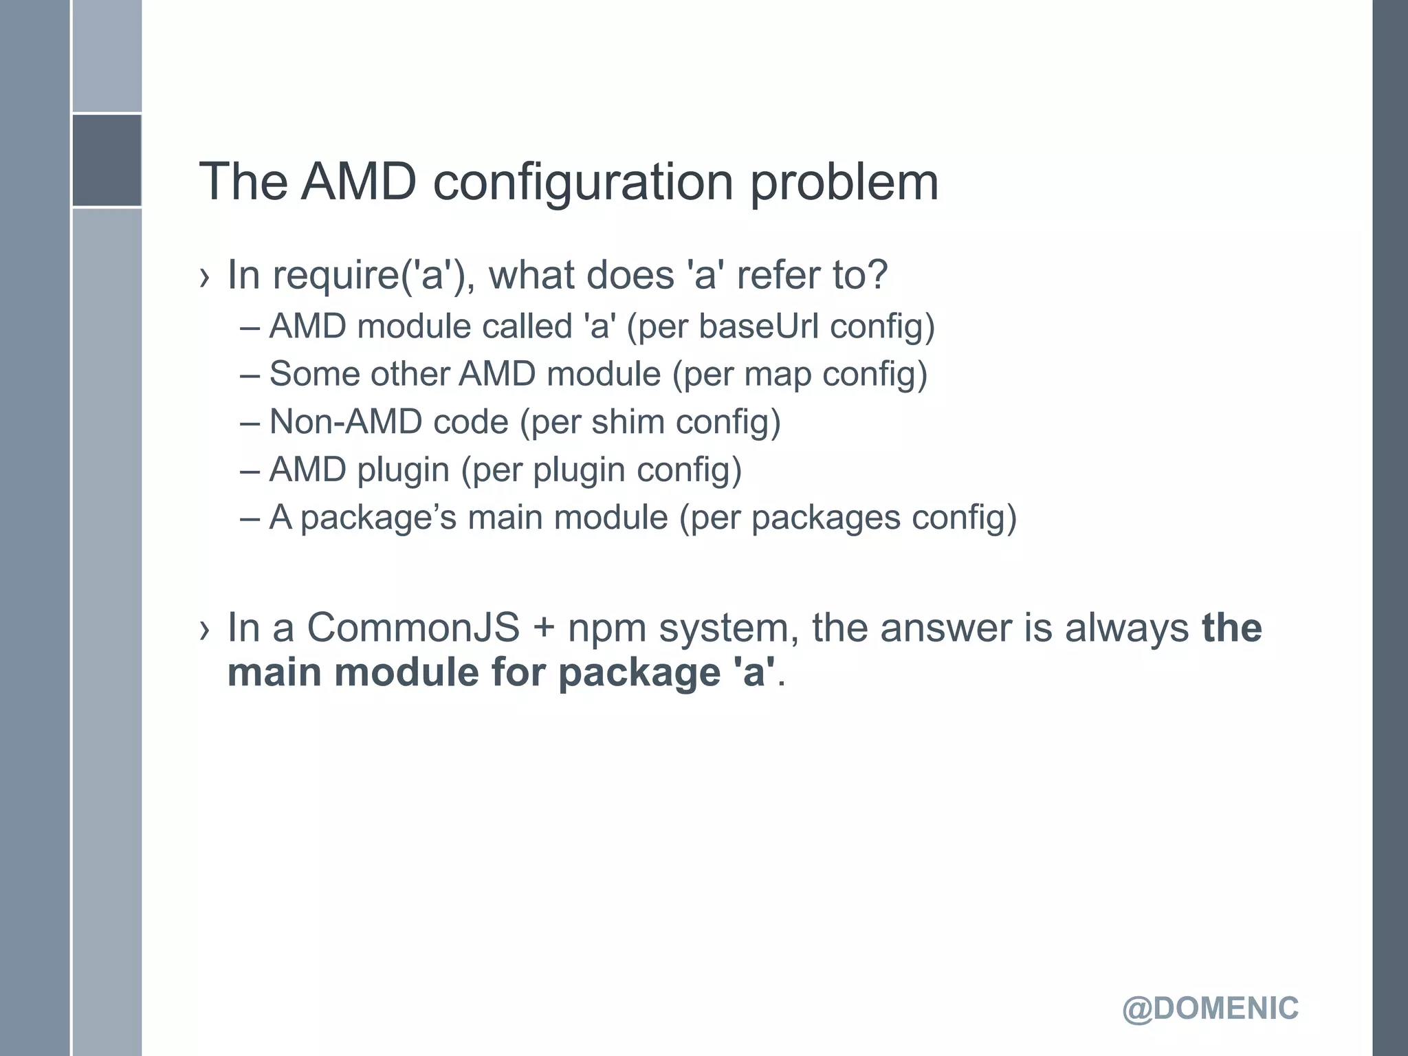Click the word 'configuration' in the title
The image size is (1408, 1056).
click(583, 182)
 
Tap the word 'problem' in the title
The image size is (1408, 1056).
click(844, 182)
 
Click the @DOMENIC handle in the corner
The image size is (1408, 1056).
click(1210, 1009)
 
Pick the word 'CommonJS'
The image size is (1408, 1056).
click(413, 628)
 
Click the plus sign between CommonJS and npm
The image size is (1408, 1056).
click(543, 628)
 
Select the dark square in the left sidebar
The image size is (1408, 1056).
click(107, 160)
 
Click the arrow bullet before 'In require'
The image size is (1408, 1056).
click(203, 278)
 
